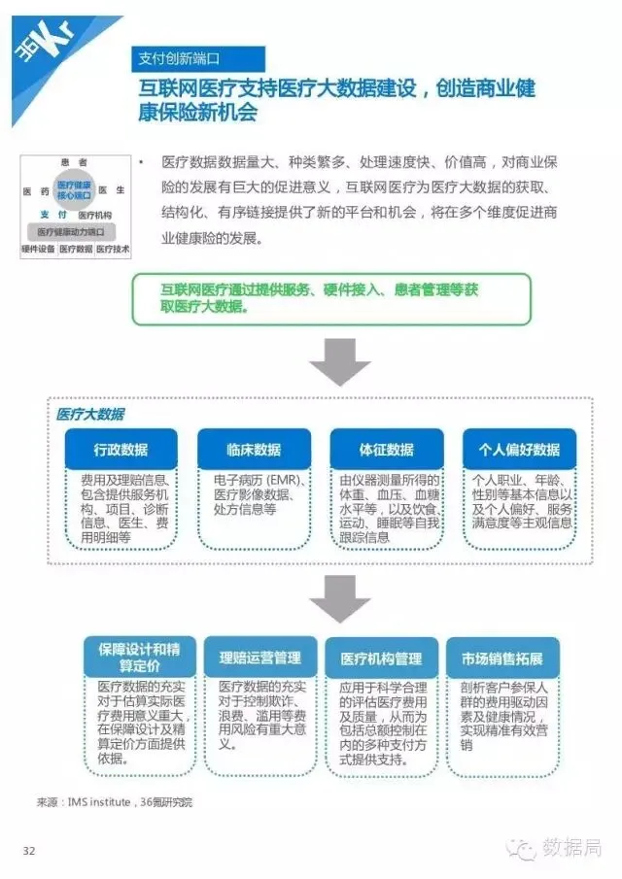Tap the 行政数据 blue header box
121,450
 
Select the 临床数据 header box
254,450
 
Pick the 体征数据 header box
386,450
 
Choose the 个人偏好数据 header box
519,450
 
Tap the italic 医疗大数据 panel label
90,414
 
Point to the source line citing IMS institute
114,802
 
